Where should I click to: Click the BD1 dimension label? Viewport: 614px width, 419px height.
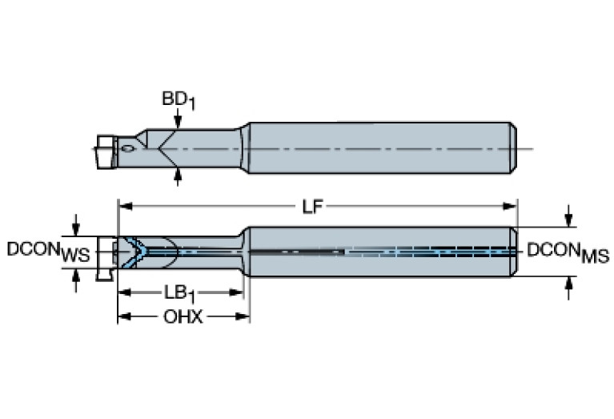pos(177,100)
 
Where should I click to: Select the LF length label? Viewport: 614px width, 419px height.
pos(313,207)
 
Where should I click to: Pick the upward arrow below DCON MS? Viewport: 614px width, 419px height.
pos(568,287)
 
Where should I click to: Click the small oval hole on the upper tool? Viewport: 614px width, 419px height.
pos(128,148)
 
